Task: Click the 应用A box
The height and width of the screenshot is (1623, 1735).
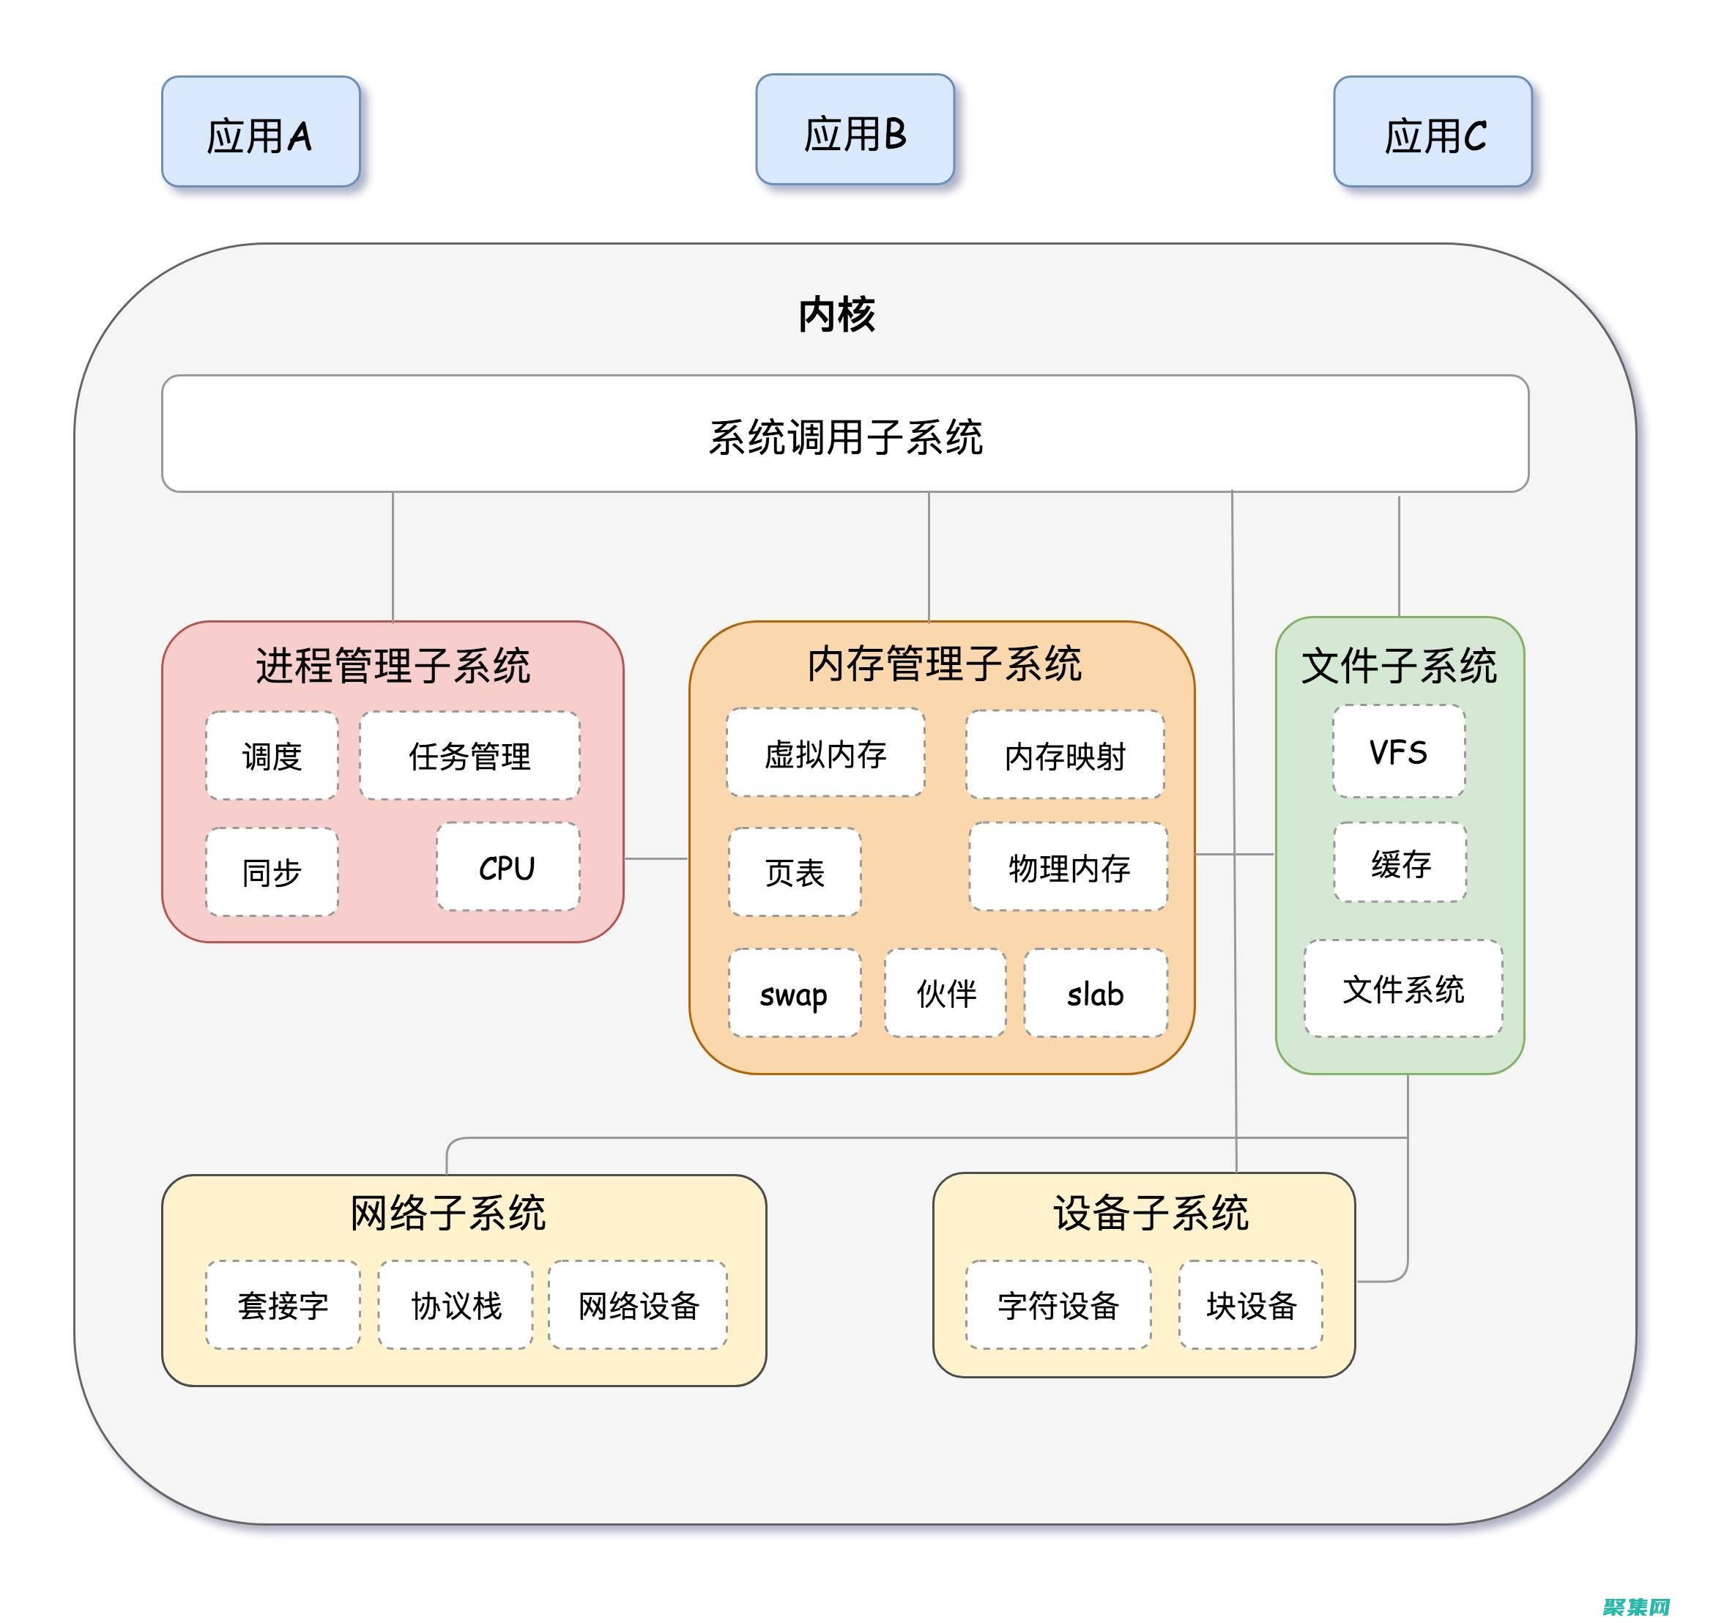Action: pos(260,132)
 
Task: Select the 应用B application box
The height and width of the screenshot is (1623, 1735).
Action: pos(855,130)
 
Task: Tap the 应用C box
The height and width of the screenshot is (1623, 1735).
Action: pos(1432,132)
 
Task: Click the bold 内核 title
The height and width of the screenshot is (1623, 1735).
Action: pos(836,314)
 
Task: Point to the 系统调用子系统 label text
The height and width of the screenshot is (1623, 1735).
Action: pos(845,437)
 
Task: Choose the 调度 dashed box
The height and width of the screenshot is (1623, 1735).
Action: pos(272,756)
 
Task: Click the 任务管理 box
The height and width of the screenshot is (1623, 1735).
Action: pos(469,756)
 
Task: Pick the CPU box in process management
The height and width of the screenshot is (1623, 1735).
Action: pos(507,867)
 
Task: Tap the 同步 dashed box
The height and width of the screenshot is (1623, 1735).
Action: pos(272,872)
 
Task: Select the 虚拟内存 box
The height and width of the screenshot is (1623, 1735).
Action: pos(825,753)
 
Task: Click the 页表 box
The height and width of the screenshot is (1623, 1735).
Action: pos(794,872)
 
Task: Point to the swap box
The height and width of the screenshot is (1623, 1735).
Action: pos(793,993)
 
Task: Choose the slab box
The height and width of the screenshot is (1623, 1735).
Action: pos(1096,993)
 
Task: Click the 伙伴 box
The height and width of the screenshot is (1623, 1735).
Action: pos(945,993)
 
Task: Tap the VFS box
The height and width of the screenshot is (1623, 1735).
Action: pos(1398,751)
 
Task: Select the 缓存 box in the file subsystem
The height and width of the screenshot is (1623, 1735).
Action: pos(1400,863)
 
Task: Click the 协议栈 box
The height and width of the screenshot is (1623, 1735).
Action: pos(456,1305)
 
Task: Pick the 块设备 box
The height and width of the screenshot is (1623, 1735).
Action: pos(1251,1305)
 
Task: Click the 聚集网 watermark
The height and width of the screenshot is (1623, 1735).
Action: pos(1636,1606)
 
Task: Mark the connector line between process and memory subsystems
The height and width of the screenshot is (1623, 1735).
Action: pos(656,858)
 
